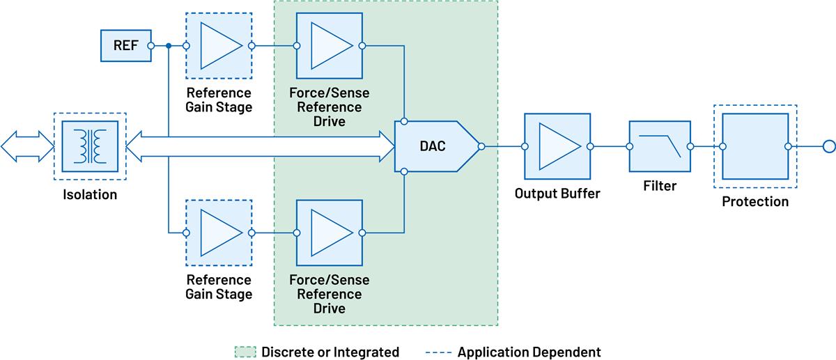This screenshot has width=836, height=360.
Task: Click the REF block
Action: tap(125, 46)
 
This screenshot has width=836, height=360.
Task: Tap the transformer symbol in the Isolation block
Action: tap(90, 147)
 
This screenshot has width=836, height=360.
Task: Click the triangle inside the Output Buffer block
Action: tap(560, 147)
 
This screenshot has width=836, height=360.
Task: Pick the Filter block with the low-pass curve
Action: tap(659, 147)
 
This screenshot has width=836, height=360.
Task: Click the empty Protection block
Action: tap(755, 147)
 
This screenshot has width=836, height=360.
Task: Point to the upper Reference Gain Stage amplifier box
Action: tap(219, 46)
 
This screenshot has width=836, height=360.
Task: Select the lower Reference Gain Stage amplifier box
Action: tap(219, 233)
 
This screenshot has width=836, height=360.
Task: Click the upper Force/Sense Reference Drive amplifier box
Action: tap(329, 46)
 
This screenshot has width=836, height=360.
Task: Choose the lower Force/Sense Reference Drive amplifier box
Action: tap(329, 233)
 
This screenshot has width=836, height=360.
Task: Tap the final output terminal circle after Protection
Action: tap(828, 147)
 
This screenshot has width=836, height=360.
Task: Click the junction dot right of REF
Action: tap(169, 46)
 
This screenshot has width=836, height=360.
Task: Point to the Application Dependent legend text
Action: tap(529, 352)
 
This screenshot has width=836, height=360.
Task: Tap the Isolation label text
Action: tap(90, 195)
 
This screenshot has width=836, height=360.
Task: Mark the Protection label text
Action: tap(755, 202)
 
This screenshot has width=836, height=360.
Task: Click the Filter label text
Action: tap(659, 186)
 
